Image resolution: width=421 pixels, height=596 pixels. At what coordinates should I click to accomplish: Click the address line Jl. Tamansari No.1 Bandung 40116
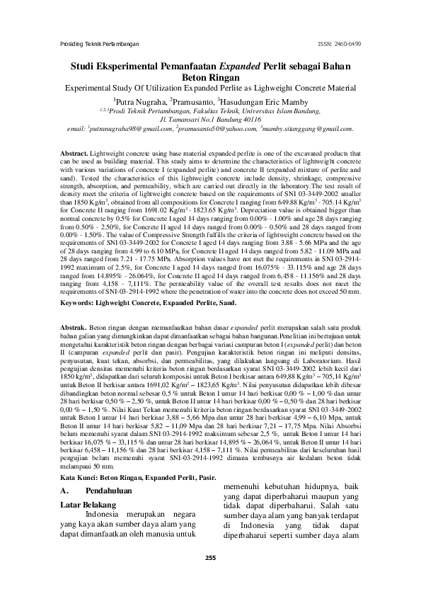point(211,121)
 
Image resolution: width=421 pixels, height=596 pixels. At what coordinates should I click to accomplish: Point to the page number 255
point(210,558)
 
